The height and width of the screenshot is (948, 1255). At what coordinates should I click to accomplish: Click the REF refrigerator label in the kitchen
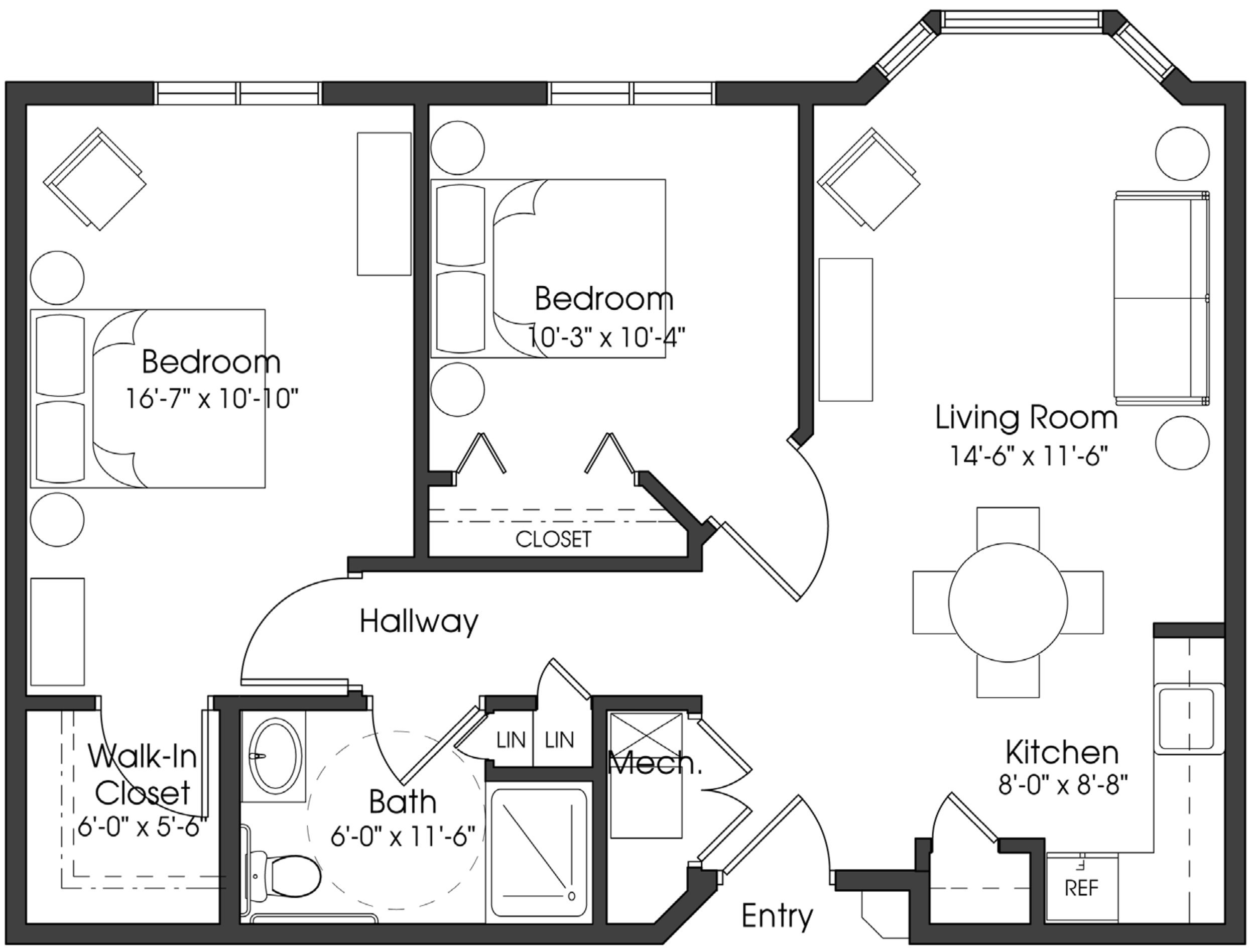tap(1081, 888)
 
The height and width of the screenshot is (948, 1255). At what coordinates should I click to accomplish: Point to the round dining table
tap(1008, 602)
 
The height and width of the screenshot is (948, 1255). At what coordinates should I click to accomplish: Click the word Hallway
tap(419, 621)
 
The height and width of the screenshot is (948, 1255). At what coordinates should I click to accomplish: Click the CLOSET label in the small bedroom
tap(553, 539)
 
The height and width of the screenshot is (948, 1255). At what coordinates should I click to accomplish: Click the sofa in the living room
tap(1160, 298)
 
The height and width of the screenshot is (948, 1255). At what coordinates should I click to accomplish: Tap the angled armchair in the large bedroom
tap(95, 179)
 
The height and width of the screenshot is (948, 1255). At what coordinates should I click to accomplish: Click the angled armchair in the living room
tap(868, 179)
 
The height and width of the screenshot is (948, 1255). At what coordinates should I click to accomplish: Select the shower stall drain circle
tap(571, 896)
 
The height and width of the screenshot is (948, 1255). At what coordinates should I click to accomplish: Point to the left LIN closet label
tap(511, 740)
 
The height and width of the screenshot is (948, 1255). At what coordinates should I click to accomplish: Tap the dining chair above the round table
tap(1008, 527)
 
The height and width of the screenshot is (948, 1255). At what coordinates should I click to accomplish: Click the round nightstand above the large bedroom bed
tap(57, 278)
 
